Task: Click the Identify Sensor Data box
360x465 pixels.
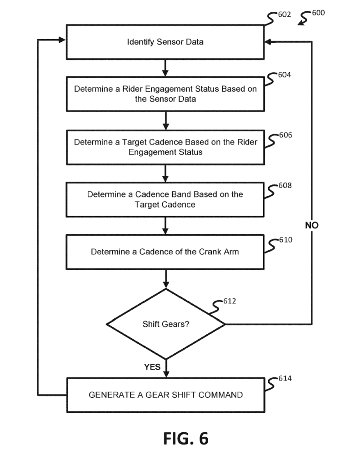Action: pyautogui.click(x=165, y=42)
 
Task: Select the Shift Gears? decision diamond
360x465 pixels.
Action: pyautogui.click(x=165, y=324)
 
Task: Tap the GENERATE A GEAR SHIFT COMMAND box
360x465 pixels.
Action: pyautogui.click(x=165, y=395)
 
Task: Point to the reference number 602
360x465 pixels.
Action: pyautogui.click(x=285, y=15)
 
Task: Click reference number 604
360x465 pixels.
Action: pyautogui.click(x=285, y=75)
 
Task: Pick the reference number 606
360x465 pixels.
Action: pyautogui.click(x=285, y=135)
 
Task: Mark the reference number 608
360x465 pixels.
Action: pyautogui.click(x=285, y=186)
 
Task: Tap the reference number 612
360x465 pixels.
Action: pyautogui.click(x=230, y=301)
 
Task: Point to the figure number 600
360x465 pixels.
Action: pyautogui.click(x=318, y=13)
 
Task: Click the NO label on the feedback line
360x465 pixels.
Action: pyautogui.click(x=312, y=225)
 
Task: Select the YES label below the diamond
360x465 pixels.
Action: pyautogui.click(x=153, y=367)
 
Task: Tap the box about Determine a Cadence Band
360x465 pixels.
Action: pyautogui.click(x=165, y=199)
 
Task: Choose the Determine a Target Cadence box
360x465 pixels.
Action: pyautogui.click(x=165, y=147)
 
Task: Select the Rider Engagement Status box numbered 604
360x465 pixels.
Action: pyautogui.click(x=165, y=94)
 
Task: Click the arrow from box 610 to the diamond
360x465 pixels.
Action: pyautogui.click(x=165, y=278)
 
